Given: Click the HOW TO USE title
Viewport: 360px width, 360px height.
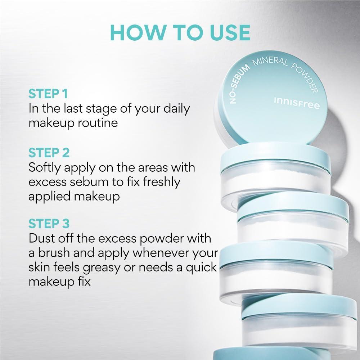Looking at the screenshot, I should coord(180,32).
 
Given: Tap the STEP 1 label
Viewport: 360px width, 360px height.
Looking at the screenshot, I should coord(48,94).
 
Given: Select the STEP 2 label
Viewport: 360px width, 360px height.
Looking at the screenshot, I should coord(49,153).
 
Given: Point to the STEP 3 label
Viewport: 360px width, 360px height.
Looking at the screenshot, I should coord(49,224).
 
